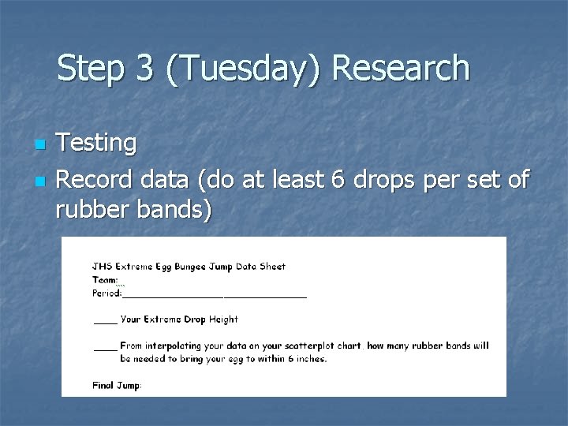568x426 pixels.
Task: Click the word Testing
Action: tap(97, 144)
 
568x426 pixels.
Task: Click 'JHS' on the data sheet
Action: tap(102, 267)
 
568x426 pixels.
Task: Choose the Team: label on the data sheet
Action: tap(105, 280)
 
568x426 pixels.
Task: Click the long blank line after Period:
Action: tap(214, 294)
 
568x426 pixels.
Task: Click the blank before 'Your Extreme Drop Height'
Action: tap(105, 320)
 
